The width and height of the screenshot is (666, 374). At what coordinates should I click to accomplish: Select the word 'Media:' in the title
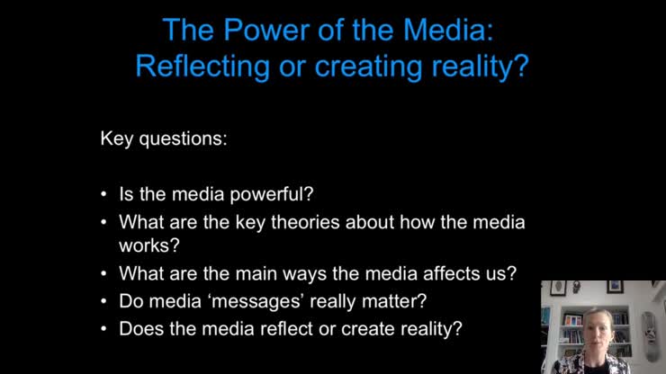click(x=449, y=30)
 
